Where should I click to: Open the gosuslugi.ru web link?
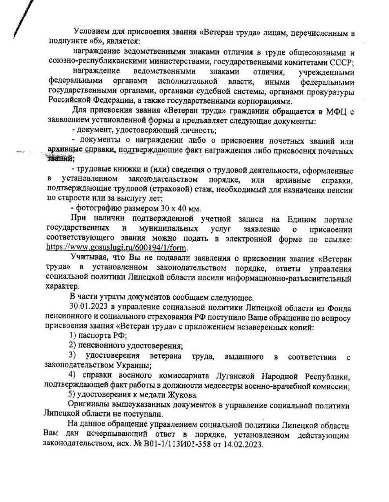click(117, 248)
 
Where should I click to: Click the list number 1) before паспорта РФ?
click(72, 336)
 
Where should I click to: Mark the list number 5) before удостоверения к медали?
click(72, 395)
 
